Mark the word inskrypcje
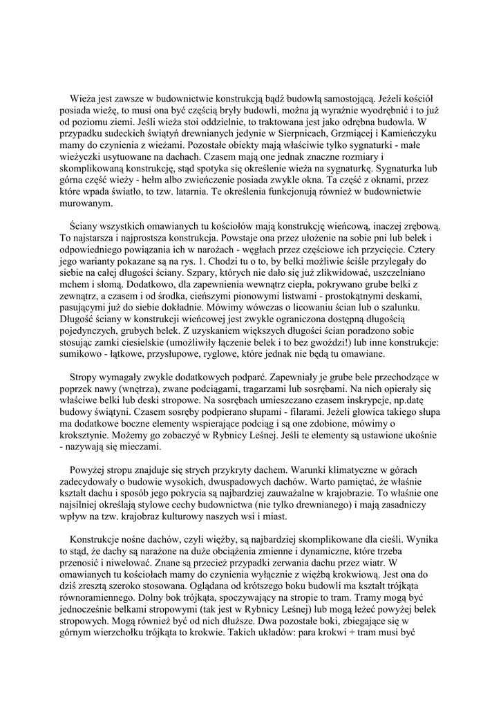point(363,401)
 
